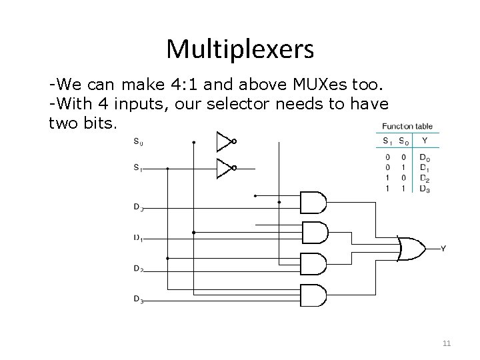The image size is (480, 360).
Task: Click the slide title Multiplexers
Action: (x=240, y=48)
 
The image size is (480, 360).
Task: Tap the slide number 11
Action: (x=447, y=344)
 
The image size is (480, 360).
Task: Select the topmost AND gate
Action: (x=314, y=202)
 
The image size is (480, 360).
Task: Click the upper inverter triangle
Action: (x=223, y=141)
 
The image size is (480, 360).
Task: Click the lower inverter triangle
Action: (x=223, y=169)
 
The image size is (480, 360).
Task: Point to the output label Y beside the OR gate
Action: (x=443, y=249)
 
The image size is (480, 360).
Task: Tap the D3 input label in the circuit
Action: (x=138, y=300)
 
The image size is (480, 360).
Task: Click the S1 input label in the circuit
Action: (x=137, y=169)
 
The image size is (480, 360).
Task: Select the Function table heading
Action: (x=407, y=126)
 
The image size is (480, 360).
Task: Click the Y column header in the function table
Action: (x=424, y=141)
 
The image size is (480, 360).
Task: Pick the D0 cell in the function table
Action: (x=425, y=157)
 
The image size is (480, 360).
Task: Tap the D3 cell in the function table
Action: (x=425, y=189)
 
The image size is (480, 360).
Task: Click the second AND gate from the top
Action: (x=314, y=233)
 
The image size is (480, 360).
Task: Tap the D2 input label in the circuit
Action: (x=138, y=269)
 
